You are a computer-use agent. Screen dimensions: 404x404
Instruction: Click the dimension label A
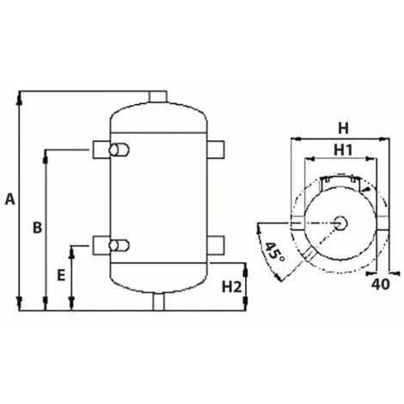tap(10, 199)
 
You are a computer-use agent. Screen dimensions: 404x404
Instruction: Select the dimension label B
tap(37, 228)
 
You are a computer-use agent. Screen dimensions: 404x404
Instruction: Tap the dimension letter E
tap(61, 276)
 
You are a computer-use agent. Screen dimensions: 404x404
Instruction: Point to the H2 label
tap(232, 287)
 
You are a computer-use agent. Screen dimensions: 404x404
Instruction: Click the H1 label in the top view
tap(343, 150)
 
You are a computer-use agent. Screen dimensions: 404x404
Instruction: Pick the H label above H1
tap(343, 128)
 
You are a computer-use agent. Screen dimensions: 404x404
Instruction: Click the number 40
tap(381, 285)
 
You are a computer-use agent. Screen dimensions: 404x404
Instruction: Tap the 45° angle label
tap(274, 252)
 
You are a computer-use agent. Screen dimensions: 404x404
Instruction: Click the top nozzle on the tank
tap(157, 96)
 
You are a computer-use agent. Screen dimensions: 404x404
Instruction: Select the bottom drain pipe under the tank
tap(158, 302)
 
